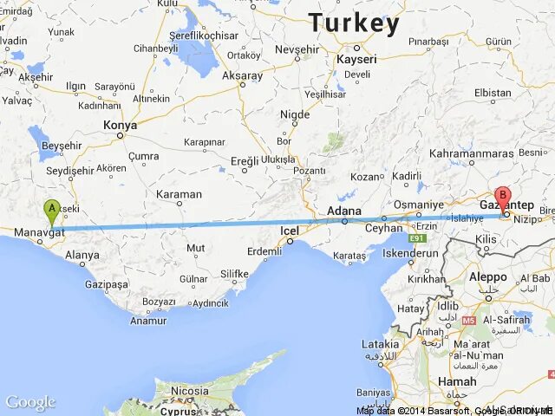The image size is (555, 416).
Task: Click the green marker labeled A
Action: point(52,210)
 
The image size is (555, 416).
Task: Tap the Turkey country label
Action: point(354,23)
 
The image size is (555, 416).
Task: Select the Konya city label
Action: point(121,126)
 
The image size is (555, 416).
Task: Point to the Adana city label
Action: point(344,211)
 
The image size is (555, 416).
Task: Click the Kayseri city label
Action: point(356,60)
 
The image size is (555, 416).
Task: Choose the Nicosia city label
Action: point(189,391)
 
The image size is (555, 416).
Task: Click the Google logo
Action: point(29,402)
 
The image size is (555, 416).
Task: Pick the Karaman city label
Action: point(179,194)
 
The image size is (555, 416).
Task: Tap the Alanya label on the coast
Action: point(82,256)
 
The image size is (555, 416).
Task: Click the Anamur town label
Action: point(147,321)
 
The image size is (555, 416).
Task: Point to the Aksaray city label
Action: point(242,76)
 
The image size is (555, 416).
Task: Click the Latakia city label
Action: point(380,343)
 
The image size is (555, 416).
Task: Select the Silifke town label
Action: point(234,274)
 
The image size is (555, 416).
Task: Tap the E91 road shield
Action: point(420,237)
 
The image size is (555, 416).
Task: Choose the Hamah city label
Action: point(457,381)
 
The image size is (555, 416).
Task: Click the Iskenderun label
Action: point(410,254)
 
